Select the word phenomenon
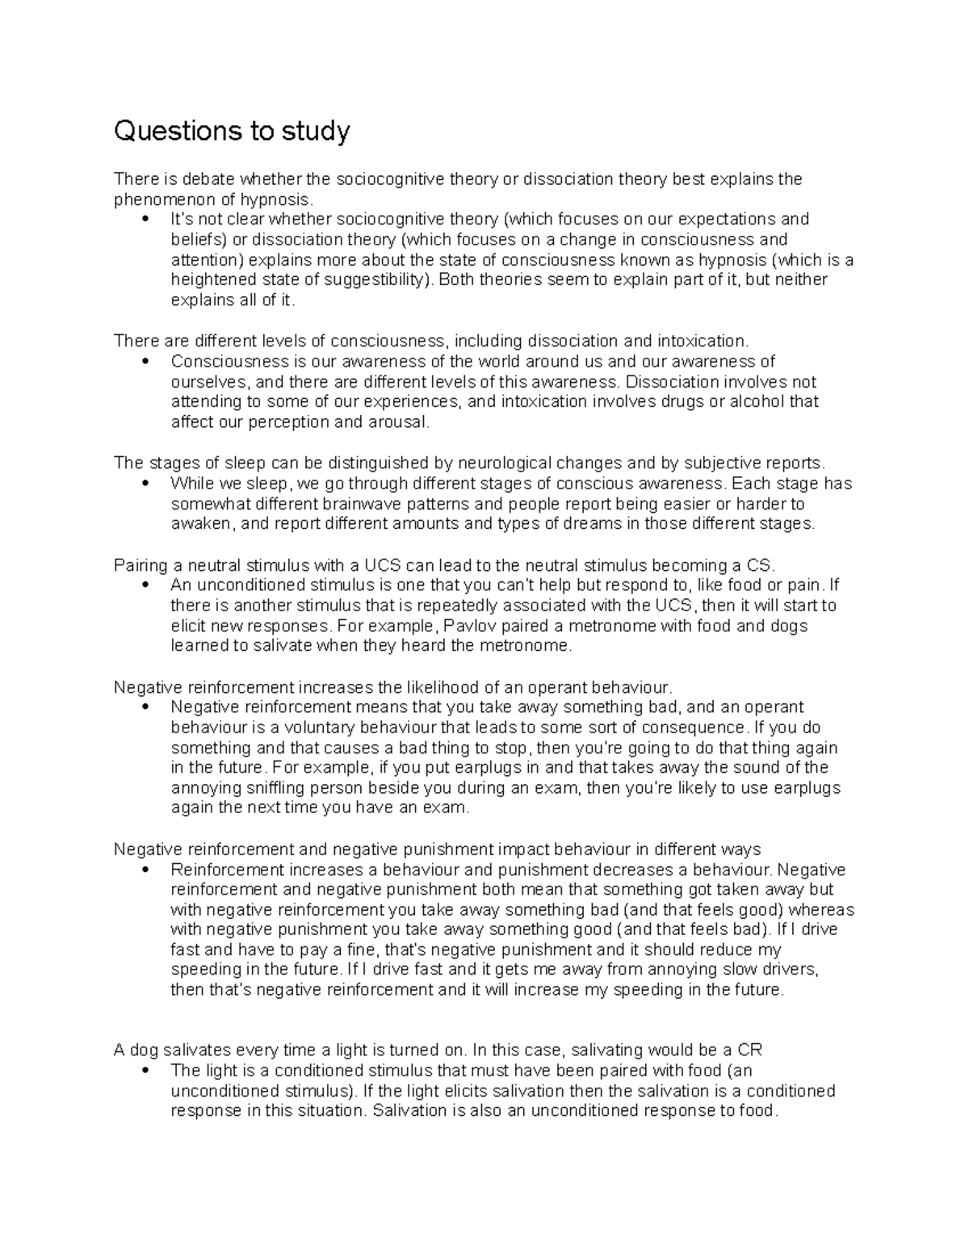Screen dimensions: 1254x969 point(161,199)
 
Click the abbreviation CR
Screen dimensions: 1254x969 point(750,1051)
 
